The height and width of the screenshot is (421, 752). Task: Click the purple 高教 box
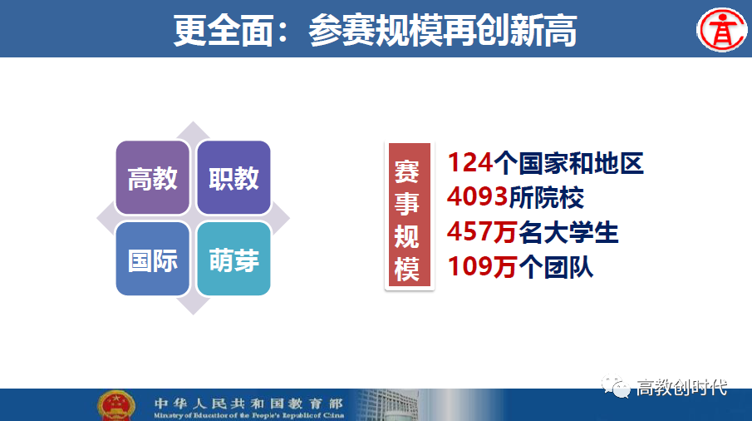pyautogui.click(x=153, y=177)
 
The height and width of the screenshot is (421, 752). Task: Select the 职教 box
pyautogui.click(x=234, y=177)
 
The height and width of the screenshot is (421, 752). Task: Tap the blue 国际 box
pyautogui.click(x=153, y=259)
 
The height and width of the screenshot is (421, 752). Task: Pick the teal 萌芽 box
pyautogui.click(x=234, y=259)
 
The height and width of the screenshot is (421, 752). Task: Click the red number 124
pyautogui.click(x=470, y=163)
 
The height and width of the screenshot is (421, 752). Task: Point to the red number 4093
pyautogui.click(x=477, y=197)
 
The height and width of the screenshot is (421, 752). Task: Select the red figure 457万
pyautogui.click(x=482, y=232)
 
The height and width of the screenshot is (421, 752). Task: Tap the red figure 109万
pyautogui.click(x=482, y=266)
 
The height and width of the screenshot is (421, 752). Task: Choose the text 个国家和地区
pyautogui.click(x=568, y=163)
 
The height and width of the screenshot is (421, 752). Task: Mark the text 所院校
pyautogui.click(x=546, y=198)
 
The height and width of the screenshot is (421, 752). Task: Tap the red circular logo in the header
pyautogui.click(x=721, y=30)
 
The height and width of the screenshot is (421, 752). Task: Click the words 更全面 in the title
pyautogui.click(x=224, y=31)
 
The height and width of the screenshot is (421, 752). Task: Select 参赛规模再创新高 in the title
pyautogui.click(x=443, y=31)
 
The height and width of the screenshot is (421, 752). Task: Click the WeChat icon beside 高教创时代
pyautogui.click(x=616, y=386)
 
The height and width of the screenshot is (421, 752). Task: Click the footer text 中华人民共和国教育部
pyautogui.click(x=249, y=404)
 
